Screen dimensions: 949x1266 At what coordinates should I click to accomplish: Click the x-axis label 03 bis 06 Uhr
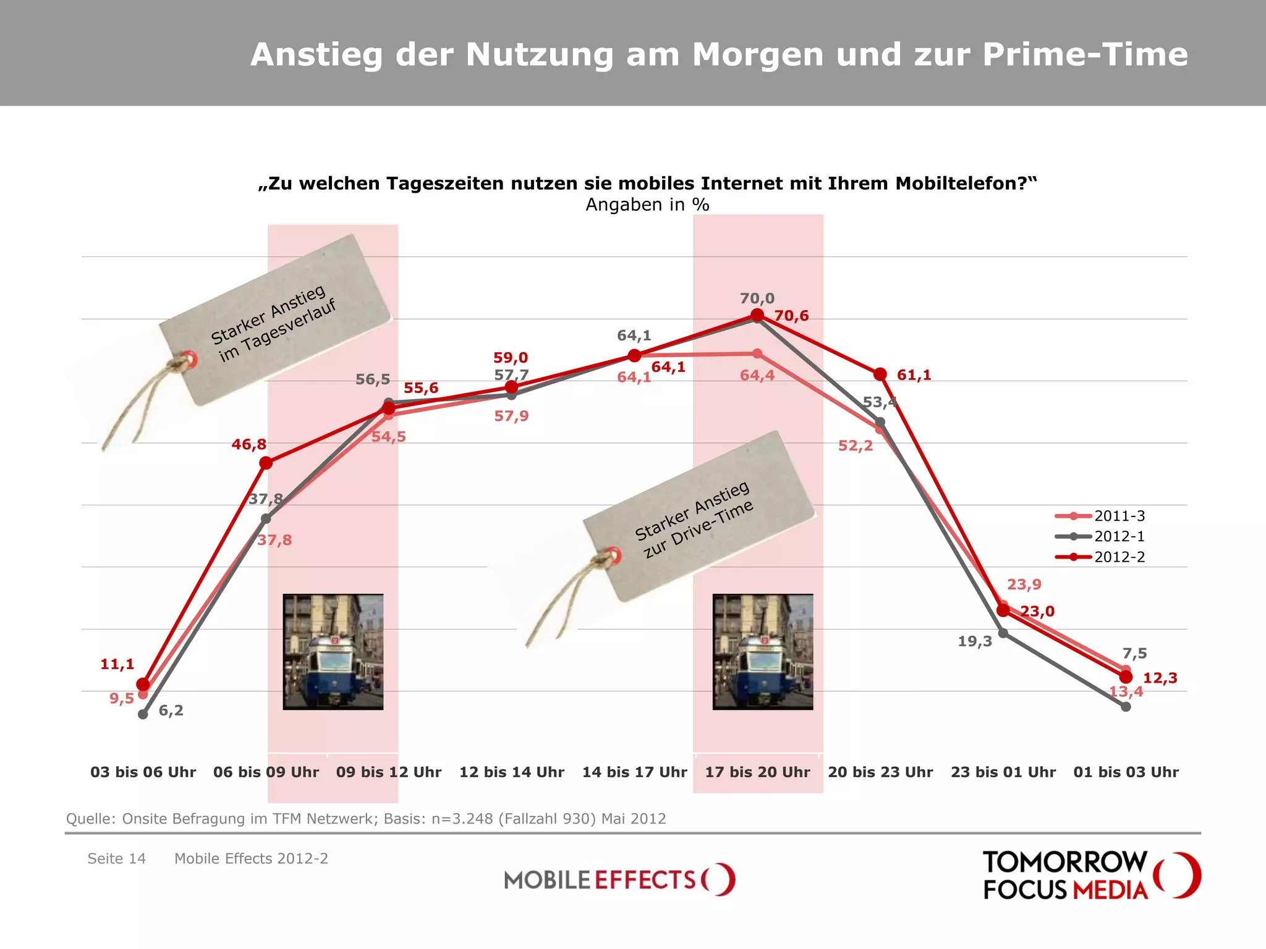pyautogui.click(x=143, y=772)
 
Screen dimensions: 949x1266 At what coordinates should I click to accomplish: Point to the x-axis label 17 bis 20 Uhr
pyautogui.click(x=757, y=772)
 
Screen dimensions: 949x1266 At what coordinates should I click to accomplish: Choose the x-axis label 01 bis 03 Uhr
pyautogui.click(x=1126, y=772)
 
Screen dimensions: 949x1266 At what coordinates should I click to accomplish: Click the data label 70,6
pyautogui.click(x=791, y=316)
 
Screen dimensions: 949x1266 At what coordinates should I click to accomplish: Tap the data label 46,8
pyautogui.click(x=249, y=444)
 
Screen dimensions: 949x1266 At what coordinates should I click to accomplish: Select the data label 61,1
pyautogui.click(x=914, y=375)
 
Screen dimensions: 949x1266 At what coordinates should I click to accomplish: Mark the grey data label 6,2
pyautogui.click(x=171, y=711)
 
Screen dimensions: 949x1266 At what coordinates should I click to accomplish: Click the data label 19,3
pyautogui.click(x=975, y=641)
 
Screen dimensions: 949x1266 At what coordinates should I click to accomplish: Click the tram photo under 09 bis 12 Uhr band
pyautogui.click(x=333, y=652)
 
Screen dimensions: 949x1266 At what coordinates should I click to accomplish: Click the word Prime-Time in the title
pyautogui.click(x=1085, y=54)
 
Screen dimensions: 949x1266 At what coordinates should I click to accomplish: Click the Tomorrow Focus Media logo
pyautogui.click(x=1091, y=875)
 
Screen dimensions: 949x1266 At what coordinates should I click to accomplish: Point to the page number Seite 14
pyautogui.click(x=116, y=859)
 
